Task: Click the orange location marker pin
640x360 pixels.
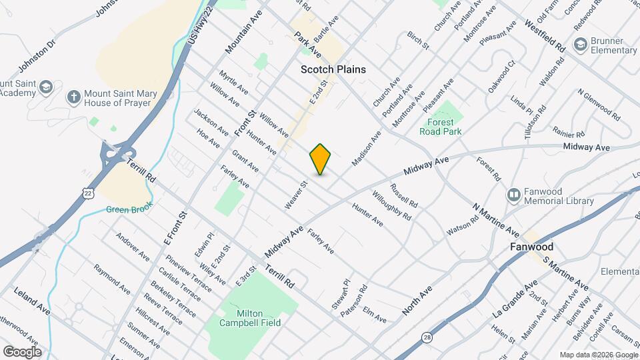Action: click(x=321, y=159)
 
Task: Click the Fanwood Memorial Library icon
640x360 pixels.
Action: click(x=514, y=195)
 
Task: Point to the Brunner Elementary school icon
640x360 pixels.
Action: click(x=579, y=45)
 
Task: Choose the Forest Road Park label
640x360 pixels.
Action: click(x=441, y=127)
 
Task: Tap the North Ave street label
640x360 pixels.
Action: click(x=417, y=301)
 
